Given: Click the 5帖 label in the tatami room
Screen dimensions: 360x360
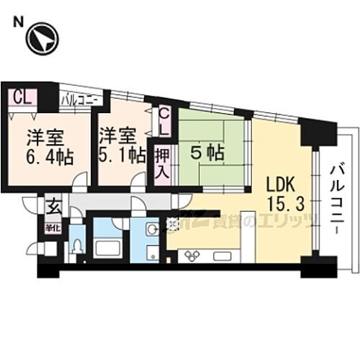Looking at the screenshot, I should (207, 152).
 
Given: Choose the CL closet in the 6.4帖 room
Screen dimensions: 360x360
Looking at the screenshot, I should (22, 97).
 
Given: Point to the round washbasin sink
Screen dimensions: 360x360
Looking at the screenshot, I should (150, 230).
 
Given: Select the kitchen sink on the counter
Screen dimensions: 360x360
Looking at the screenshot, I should (222, 255).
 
